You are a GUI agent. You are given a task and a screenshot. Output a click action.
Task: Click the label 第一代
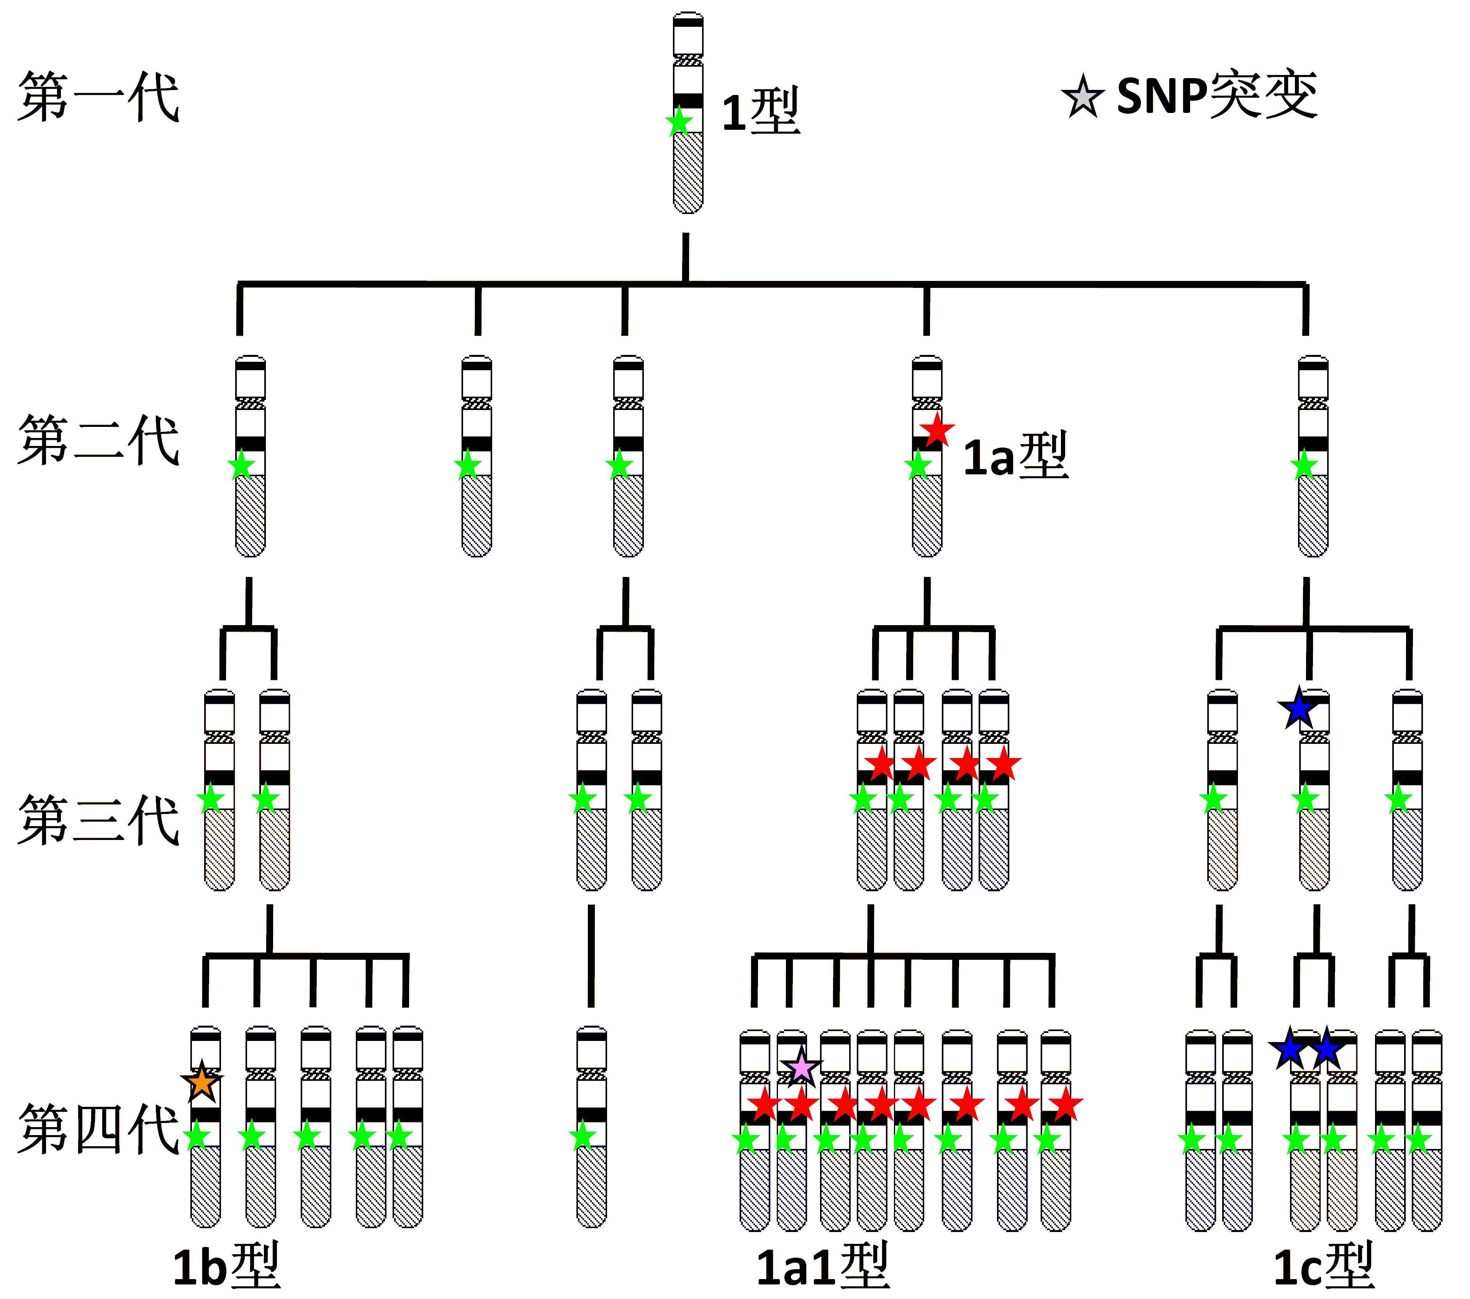click(98, 97)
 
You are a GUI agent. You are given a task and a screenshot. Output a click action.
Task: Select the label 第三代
click(98, 820)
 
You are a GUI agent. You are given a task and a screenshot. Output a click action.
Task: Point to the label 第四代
click(98, 1129)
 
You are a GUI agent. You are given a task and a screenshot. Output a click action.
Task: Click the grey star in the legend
click(1082, 97)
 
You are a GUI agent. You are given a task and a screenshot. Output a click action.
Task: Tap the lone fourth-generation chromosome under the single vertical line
click(591, 1126)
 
